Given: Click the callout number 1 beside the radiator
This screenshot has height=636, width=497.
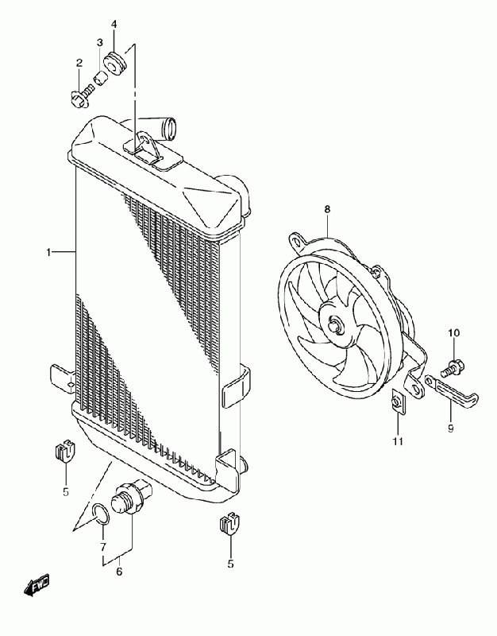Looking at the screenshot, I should pos(48,252).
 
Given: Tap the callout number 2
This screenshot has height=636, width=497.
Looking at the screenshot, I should pos(79,63).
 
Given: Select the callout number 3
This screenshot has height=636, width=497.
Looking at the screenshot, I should pos(100,42).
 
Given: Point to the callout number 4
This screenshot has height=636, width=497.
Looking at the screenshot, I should pos(114,25).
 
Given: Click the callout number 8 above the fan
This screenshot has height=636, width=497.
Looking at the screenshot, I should pos(326,209).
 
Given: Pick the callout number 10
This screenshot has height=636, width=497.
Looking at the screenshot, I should pos(454,332).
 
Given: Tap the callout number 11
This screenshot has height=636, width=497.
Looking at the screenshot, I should pos(398,440).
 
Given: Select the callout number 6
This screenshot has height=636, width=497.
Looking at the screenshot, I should pos(120,570).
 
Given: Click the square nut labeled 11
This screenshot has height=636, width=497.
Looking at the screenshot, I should pos(396,403).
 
